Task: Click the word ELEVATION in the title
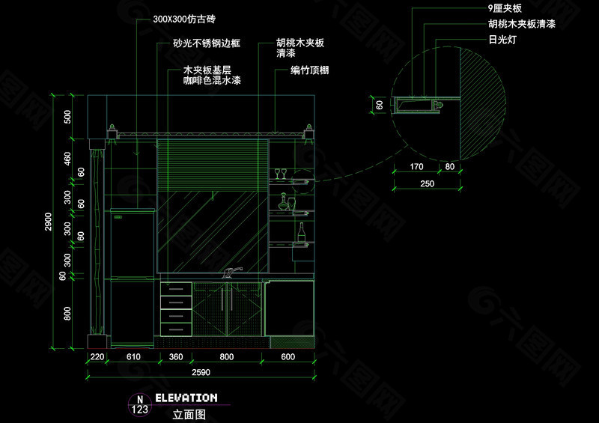coord(186,398)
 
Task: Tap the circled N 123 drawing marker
coord(139,405)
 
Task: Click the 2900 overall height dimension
coord(47,222)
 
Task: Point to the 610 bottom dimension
coord(133,358)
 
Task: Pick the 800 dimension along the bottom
coord(227,358)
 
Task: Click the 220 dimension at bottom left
coord(97,358)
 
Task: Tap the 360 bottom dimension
coord(176,358)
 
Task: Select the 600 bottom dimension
coord(288,358)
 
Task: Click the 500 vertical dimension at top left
coord(67,116)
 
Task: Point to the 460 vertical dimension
coord(67,159)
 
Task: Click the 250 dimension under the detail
coord(426,183)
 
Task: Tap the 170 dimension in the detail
coord(417,166)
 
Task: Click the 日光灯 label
coord(502,39)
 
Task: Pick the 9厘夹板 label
coord(505,9)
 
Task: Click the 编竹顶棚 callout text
coord(311,72)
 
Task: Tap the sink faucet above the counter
coord(232,272)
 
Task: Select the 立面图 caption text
coord(188,413)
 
